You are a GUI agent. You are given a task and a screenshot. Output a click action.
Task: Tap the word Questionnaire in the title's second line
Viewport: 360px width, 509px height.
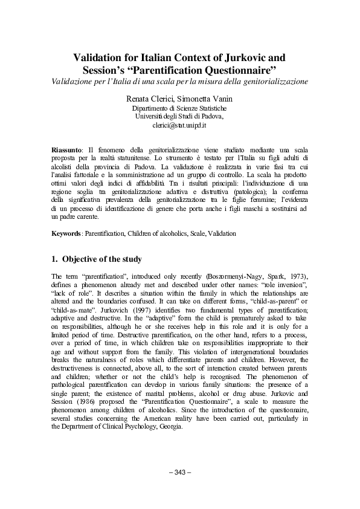point(242,70)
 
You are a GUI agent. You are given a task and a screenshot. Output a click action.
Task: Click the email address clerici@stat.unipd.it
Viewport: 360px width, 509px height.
point(180,125)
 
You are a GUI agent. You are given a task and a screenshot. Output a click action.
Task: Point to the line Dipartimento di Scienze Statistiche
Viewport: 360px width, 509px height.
point(179,108)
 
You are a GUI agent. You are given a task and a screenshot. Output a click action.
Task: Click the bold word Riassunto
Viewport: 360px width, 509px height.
point(66,149)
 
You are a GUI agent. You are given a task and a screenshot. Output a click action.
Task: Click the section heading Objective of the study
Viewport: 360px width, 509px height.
point(102,259)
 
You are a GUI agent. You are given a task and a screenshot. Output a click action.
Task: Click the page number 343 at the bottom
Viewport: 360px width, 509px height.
point(180,472)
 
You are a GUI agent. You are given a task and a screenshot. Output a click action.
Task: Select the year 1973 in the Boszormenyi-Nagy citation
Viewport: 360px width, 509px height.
point(271,276)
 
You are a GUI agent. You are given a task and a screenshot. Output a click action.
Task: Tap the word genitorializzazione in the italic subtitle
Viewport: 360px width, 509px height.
point(274,80)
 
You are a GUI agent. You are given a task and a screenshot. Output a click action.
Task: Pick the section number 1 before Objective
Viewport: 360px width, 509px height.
point(56,259)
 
